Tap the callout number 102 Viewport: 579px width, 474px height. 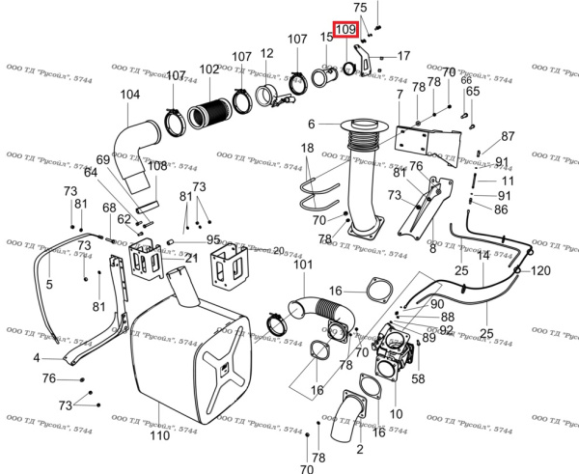(209, 70)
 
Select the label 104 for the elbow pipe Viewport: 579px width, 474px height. (130, 95)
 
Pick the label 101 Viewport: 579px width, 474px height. (304, 265)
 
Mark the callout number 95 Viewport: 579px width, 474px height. (212, 239)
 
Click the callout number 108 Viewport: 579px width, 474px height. (157, 166)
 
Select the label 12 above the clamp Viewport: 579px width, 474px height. (267, 53)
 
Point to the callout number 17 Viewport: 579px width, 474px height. (403, 55)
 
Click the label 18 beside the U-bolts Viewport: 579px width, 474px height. (307, 148)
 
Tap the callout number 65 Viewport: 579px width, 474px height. (472, 92)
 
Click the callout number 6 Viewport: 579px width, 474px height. (311, 125)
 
